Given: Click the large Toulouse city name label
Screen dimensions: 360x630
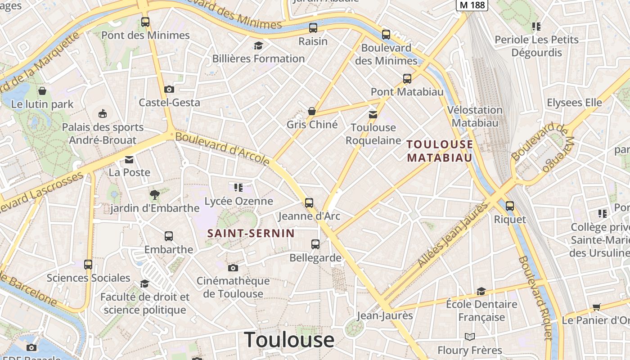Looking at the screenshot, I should pyautogui.click(x=289, y=340).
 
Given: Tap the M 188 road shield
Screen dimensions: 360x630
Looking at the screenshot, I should pyautogui.click(x=472, y=4).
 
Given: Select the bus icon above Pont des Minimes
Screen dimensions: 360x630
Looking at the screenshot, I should pyautogui.click(x=145, y=22).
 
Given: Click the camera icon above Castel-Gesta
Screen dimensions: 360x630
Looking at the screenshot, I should pyautogui.click(x=169, y=89).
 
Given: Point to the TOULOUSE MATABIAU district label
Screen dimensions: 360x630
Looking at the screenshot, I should pyautogui.click(x=440, y=151).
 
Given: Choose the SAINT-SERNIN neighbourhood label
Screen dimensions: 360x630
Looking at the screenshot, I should pyautogui.click(x=251, y=233).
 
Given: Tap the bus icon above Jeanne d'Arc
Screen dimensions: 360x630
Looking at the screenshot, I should pyautogui.click(x=309, y=202).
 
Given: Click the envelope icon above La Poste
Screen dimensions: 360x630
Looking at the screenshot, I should pyautogui.click(x=130, y=159).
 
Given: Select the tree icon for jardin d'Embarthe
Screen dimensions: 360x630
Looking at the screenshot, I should pyautogui.click(x=155, y=195).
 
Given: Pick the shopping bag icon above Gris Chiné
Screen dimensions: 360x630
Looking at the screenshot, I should pyautogui.click(x=311, y=111).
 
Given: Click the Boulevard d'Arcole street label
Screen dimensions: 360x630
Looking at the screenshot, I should pyautogui.click(x=222, y=148).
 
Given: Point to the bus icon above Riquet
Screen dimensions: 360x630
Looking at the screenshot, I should pyautogui.click(x=510, y=206).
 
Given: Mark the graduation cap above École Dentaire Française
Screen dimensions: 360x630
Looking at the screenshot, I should pyautogui.click(x=481, y=291).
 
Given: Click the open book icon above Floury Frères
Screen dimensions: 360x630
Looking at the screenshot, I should pyautogui.click(x=470, y=337).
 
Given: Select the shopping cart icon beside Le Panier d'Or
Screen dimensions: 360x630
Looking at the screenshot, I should pyautogui.click(x=597, y=307).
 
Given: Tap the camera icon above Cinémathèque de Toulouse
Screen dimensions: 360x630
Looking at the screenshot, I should pyautogui.click(x=233, y=268).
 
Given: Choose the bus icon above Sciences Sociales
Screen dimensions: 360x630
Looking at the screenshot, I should pyautogui.click(x=88, y=265).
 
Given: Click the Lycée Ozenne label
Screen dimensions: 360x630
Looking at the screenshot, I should pyautogui.click(x=238, y=201).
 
